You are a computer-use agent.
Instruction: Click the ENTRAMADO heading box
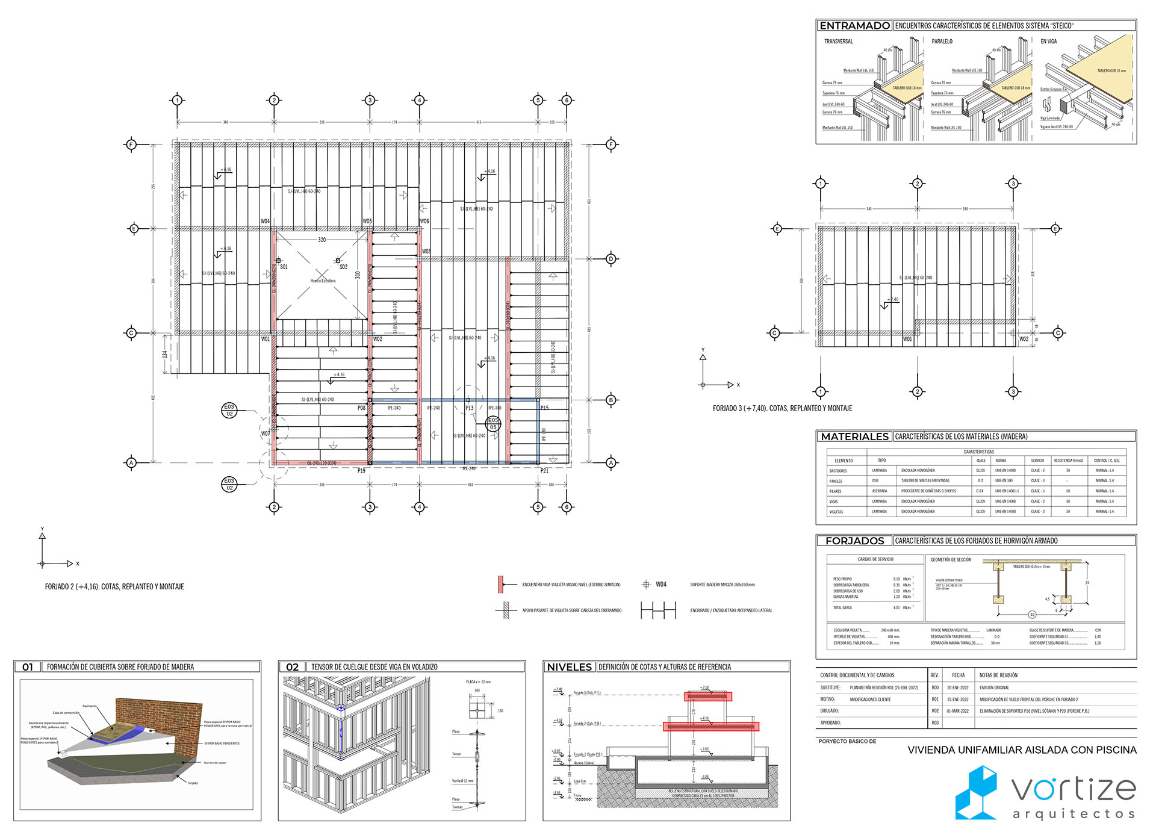tap(854, 26)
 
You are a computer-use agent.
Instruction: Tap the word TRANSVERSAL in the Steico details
tap(838, 42)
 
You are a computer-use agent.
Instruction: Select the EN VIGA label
tap(1048, 42)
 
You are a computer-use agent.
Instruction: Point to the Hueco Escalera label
tap(323, 281)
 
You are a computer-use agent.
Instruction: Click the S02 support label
tap(343, 267)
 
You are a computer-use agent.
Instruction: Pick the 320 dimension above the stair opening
tap(322, 240)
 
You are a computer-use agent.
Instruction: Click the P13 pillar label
tap(470, 408)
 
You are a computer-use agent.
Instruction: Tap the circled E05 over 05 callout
tap(493, 424)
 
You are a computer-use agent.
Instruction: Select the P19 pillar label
tap(361, 471)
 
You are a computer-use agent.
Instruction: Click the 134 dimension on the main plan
tap(164, 354)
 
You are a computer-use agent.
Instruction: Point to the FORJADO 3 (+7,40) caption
tap(782, 408)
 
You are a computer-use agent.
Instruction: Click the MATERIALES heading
tap(854, 436)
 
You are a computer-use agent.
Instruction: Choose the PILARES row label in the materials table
tap(835, 491)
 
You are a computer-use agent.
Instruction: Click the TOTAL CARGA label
tap(842, 607)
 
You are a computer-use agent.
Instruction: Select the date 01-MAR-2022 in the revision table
tap(957, 711)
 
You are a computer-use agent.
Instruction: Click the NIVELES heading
tap(569, 667)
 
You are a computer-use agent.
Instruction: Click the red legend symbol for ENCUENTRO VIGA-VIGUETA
tap(501, 585)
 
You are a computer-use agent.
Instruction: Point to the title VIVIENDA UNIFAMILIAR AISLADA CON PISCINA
tap(1022, 750)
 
